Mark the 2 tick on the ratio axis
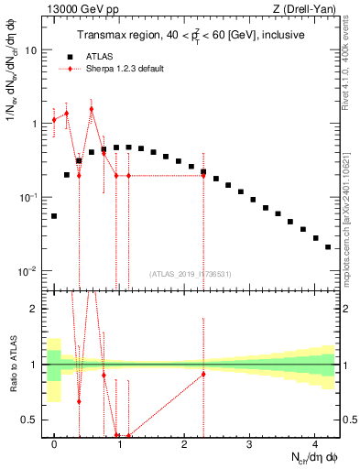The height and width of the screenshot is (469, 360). click(x=34, y=309)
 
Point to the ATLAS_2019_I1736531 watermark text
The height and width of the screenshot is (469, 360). click(x=190, y=274)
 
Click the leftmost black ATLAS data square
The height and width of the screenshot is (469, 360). click(x=54, y=216)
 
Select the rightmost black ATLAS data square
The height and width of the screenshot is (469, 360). click(x=327, y=246)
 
